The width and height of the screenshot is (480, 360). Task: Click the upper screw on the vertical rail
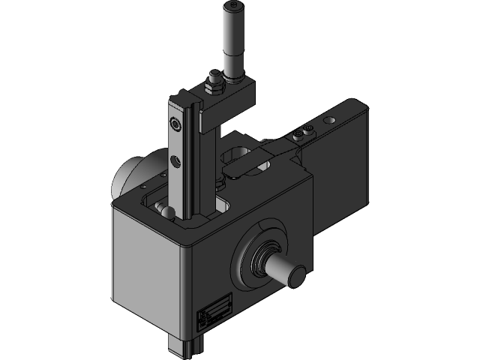(175, 124)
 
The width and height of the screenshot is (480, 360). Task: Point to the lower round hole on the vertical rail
(175, 159)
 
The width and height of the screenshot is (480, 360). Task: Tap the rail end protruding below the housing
(186, 346)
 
